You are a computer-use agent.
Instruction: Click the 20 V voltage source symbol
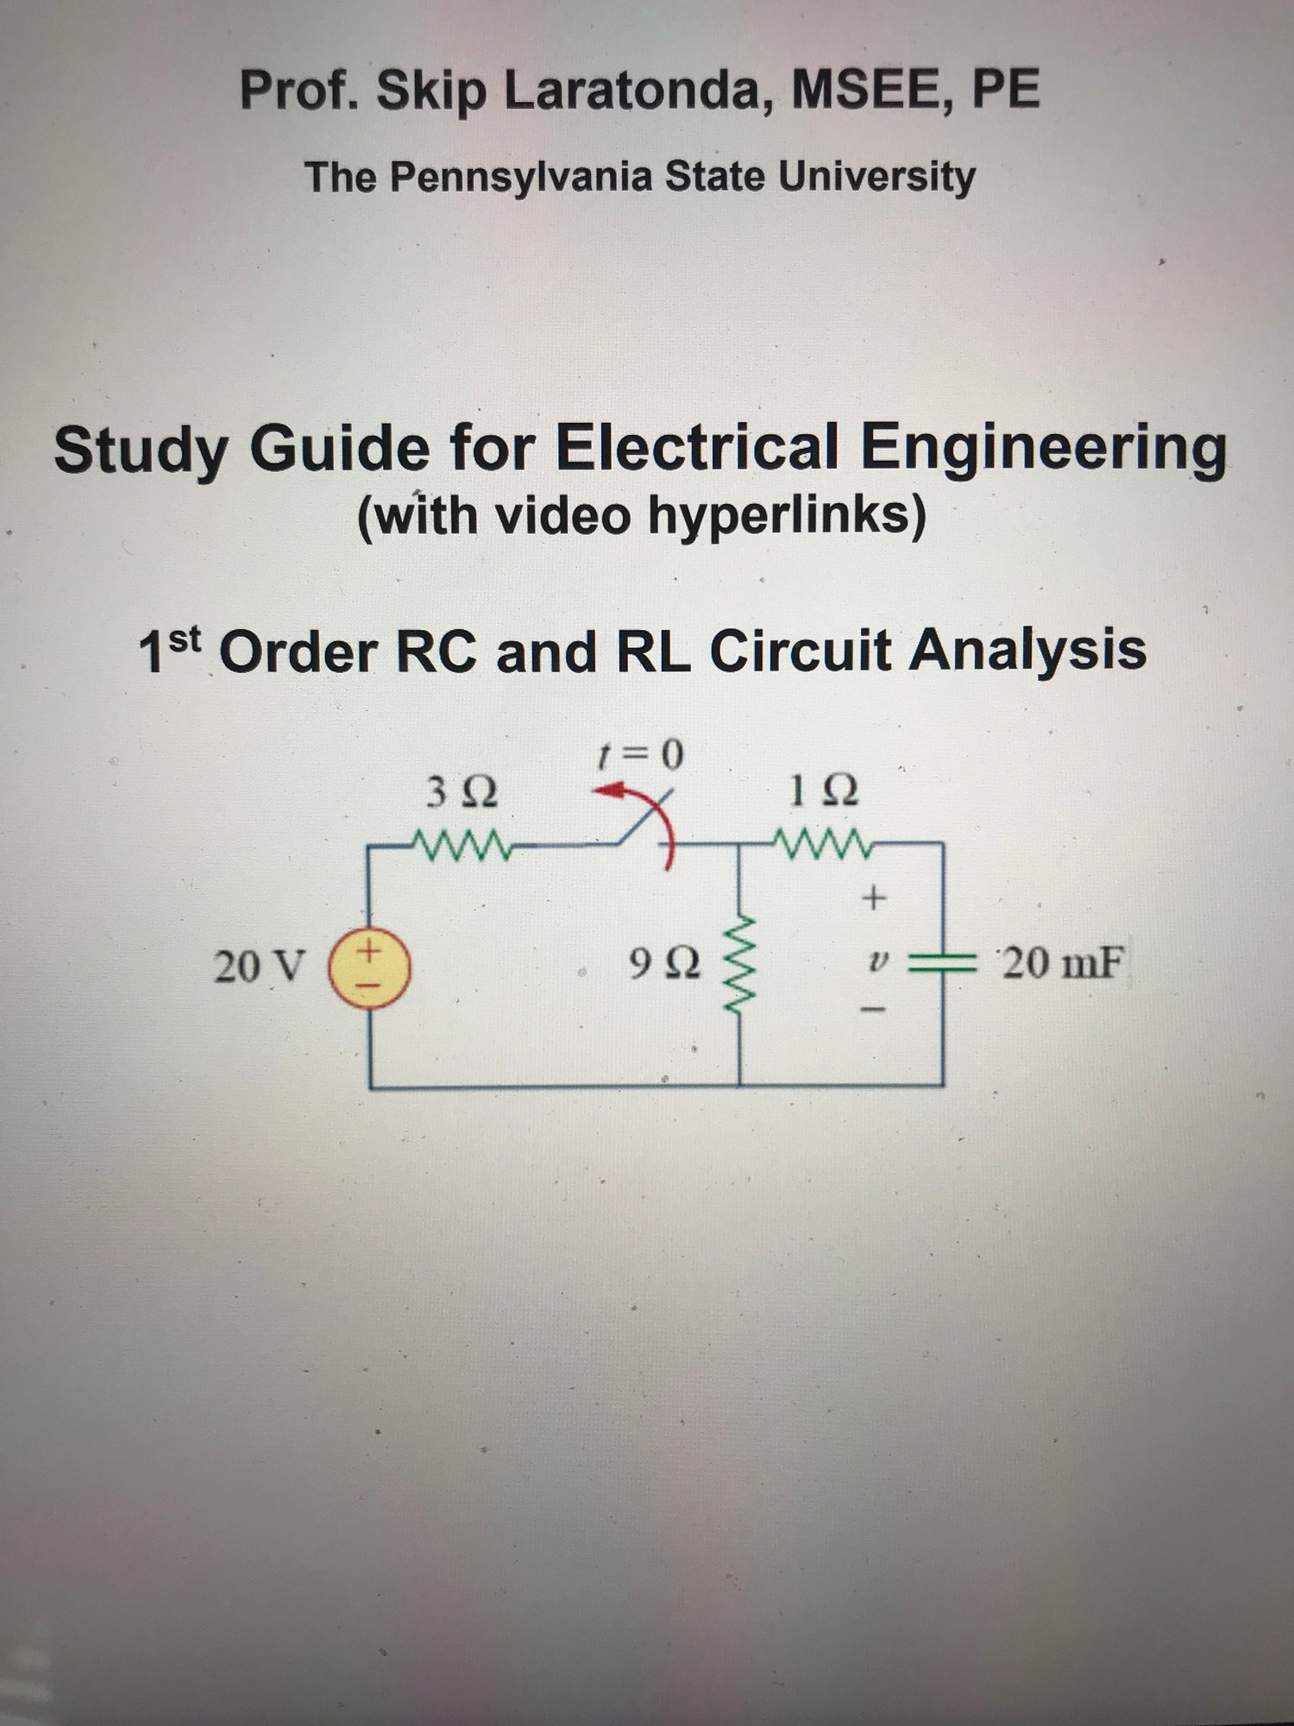[371, 967]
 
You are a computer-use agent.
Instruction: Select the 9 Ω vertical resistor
[740, 965]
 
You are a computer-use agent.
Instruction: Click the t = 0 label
[641, 755]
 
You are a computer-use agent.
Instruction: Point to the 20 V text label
[260, 967]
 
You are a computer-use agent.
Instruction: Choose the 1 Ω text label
[824, 791]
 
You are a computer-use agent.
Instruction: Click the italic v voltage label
[877, 959]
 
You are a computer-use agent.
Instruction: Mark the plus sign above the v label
[875, 898]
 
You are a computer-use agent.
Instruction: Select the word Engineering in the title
[1045, 449]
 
